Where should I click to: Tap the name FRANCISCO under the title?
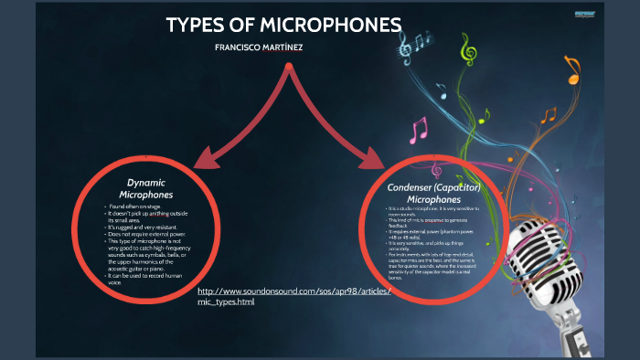241,47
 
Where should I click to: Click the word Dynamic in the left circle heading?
146,183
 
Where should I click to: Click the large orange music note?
572,69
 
